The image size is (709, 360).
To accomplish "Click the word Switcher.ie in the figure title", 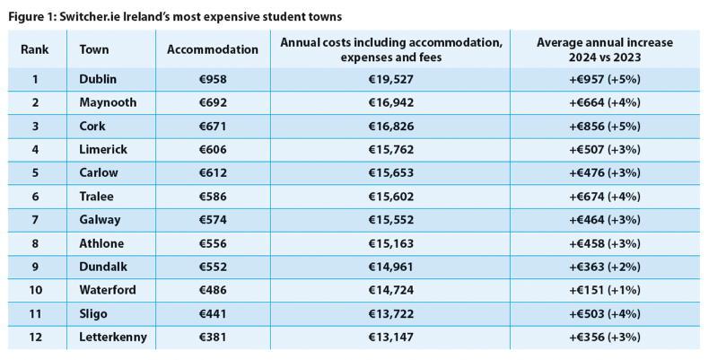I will point(82,16).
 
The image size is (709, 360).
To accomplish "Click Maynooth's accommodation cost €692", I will point(213,102).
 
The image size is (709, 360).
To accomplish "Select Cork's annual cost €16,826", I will point(390,126).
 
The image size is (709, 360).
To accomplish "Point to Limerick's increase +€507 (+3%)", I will point(604,149).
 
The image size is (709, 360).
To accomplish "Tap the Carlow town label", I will point(98,173).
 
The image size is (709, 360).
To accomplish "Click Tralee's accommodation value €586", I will point(213,197).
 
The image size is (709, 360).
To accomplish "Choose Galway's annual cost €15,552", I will point(390,220).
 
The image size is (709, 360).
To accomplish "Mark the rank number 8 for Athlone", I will point(35,243).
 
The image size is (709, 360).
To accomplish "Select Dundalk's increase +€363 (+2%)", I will point(604,267).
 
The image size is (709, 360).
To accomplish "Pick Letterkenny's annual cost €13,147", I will point(390,338).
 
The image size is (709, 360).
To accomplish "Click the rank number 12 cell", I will point(35,338).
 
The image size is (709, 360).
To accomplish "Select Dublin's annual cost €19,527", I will point(390,79).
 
